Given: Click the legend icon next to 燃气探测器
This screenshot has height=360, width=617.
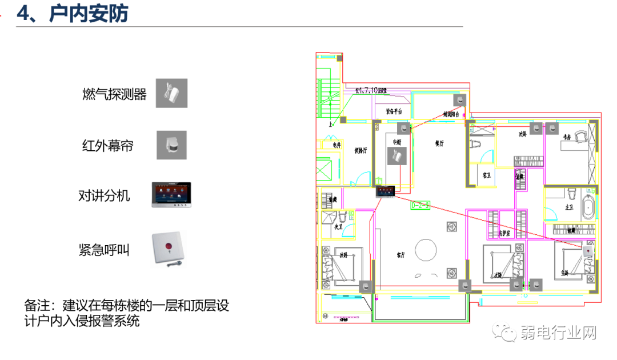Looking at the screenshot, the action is click(x=171, y=94).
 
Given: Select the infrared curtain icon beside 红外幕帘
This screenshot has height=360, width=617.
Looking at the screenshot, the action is click(x=171, y=145).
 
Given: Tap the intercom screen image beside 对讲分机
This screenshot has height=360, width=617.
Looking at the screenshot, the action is click(x=171, y=195).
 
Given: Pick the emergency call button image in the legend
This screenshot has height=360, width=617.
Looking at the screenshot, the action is click(x=169, y=249).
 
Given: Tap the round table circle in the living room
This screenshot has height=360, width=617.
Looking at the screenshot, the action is click(x=426, y=249).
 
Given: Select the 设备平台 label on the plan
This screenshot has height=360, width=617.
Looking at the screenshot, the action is click(x=394, y=111).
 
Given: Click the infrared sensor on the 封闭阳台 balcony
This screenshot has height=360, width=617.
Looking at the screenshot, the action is click(x=460, y=100).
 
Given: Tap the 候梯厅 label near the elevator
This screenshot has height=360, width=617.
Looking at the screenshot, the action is click(x=360, y=151).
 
